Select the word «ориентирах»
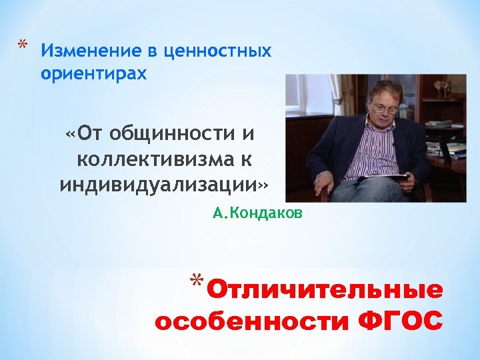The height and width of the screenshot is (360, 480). click(x=93, y=73)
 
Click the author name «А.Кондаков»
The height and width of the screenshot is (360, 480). click(x=257, y=213)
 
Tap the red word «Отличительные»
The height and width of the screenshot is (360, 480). click(x=325, y=291)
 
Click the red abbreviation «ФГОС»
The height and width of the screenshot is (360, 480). click(x=400, y=321)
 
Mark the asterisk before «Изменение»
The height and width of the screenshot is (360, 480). click(x=22, y=46)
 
